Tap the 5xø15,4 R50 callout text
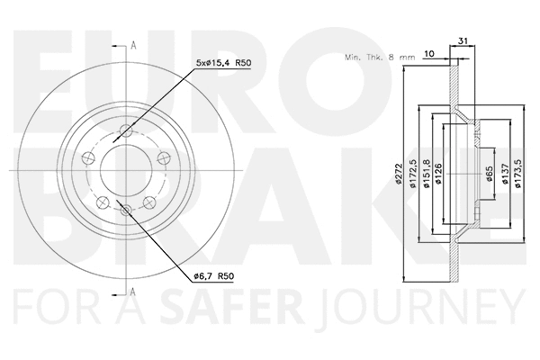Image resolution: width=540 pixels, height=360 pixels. (220, 62)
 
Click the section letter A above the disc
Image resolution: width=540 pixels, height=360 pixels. (133, 44)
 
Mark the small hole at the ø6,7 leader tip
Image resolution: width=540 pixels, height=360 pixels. (126, 210)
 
